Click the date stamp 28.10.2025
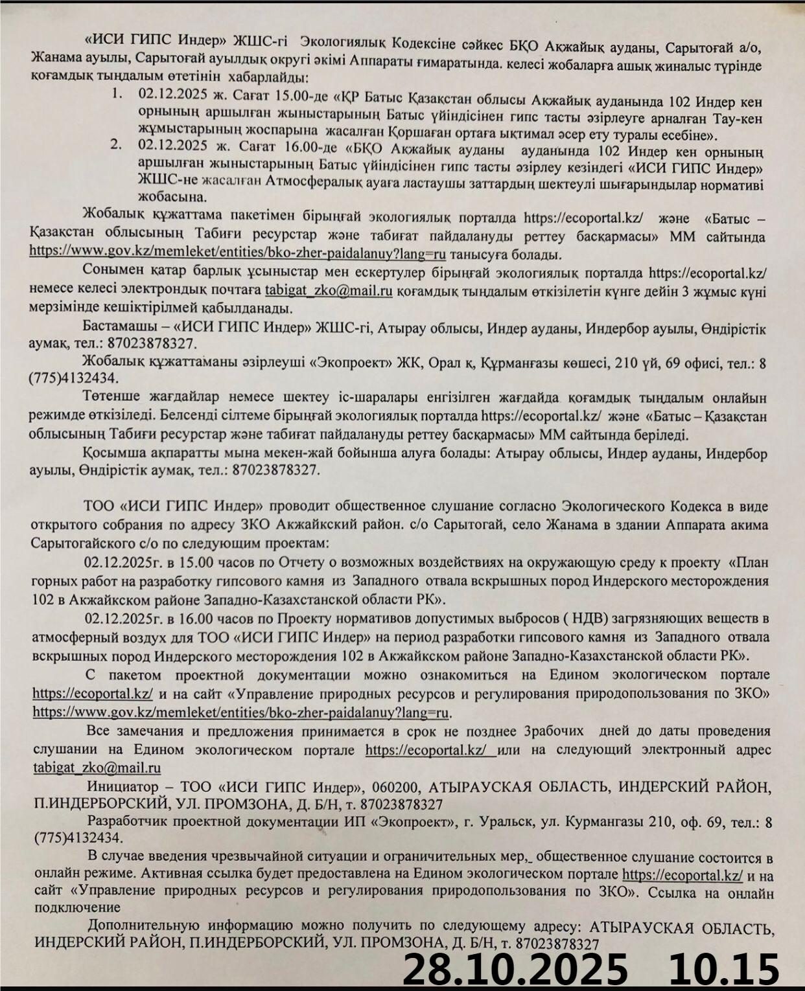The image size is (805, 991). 515,969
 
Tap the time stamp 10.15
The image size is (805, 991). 724,969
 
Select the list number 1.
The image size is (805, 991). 117,95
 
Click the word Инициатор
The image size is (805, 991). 122,787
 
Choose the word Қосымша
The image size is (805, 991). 111,453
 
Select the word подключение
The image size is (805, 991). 78,907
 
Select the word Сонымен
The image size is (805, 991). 109,272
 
